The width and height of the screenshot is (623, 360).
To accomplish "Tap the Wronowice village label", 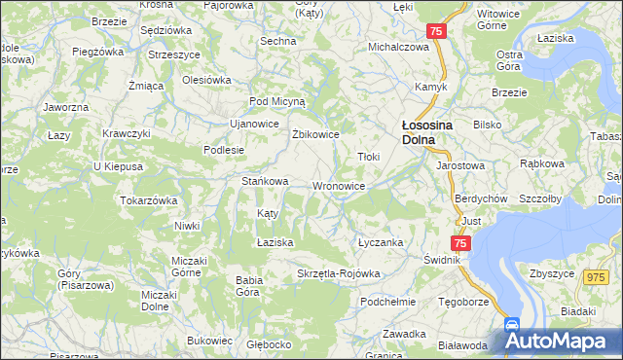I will [339, 186].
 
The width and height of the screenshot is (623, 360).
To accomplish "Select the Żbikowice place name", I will [315, 134].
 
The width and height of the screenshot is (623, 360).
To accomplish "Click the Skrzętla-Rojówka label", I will [338, 274].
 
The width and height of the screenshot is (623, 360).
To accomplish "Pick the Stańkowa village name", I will [265, 181].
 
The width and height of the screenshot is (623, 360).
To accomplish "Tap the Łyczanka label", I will [380, 242].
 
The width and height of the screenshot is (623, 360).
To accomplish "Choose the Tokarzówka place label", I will [148, 200].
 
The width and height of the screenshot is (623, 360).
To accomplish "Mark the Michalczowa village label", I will [398, 47].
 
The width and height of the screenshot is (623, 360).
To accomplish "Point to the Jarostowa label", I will [460, 166].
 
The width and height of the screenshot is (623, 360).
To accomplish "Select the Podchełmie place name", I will [387, 302].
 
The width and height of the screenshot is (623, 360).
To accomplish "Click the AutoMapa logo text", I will [571, 342].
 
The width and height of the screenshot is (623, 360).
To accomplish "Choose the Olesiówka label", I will [205, 80].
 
